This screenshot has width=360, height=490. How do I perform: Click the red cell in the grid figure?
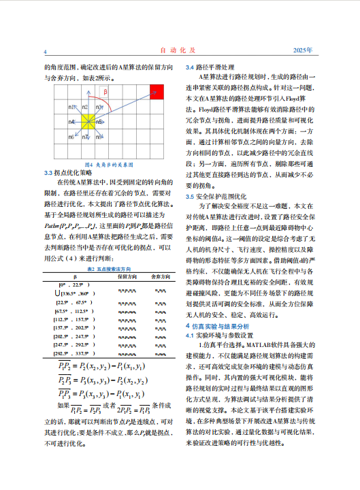[157, 91]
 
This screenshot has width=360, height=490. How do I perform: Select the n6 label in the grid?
[71, 136]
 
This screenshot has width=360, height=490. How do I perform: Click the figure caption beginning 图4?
[108, 165]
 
